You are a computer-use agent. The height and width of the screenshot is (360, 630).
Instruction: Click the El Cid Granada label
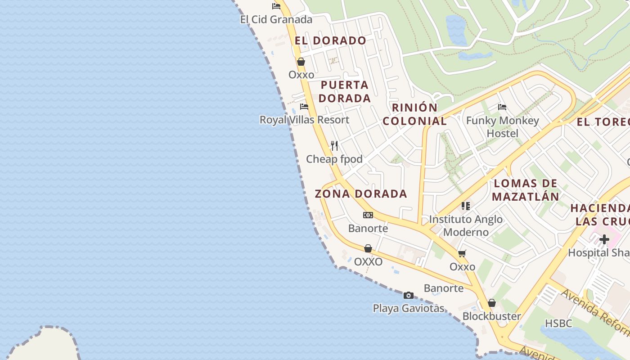(276, 19)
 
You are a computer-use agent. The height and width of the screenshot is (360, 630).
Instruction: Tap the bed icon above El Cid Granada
(276, 6)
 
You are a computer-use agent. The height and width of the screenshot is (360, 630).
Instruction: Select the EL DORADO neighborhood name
(330, 40)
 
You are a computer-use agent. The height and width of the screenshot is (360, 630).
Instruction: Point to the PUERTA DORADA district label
(345, 91)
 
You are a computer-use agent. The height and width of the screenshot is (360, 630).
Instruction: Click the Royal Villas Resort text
(304, 120)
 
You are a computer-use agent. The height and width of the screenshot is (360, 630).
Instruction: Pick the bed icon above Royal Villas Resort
(304, 107)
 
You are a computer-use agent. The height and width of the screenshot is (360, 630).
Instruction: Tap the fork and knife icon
(334, 145)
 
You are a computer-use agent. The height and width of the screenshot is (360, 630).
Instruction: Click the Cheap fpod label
(334, 159)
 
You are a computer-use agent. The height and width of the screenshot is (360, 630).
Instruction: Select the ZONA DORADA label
(361, 194)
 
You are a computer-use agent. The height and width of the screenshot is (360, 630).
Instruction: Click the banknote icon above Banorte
(368, 215)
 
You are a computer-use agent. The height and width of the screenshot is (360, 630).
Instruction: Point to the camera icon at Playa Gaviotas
(409, 295)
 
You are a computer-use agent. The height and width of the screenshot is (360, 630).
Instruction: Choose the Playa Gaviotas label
(409, 308)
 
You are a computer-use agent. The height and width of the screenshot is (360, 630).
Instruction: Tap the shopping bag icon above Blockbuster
(492, 303)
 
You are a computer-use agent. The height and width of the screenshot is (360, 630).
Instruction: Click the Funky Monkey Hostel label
(502, 127)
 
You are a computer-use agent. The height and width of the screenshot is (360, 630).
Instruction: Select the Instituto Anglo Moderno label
(466, 225)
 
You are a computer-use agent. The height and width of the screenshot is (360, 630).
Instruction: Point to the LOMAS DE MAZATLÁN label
(526, 190)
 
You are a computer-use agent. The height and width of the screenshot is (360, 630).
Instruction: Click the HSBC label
(558, 323)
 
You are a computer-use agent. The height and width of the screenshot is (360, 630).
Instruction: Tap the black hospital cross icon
(604, 239)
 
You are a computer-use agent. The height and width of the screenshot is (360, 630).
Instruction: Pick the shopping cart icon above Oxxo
(462, 253)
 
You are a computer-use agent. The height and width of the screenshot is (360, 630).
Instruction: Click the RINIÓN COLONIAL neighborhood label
(414, 114)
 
